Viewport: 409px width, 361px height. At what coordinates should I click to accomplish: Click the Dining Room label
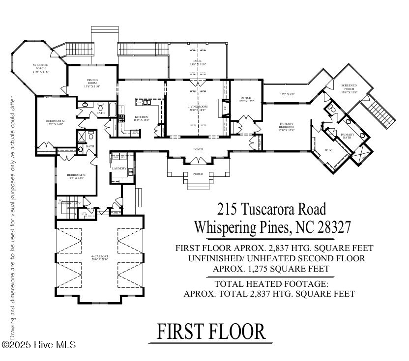pyautogui.click(x=92, y=82)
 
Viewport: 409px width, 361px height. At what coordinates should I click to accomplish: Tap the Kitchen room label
pyautogui.click(x=141, y=117)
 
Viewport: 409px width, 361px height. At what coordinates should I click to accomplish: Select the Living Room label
pyautogui.click(x=197, y=108)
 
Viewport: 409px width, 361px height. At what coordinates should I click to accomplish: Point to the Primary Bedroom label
pyautogui.click(x=286, y=125)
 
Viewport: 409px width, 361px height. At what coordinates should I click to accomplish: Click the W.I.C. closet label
pyautogui.click(x=329, y=151)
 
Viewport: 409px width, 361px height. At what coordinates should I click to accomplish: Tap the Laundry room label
pyautogui.click(x=119, y=168)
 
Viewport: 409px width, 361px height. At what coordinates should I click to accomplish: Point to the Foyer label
pyautogui.click(x=198, y=149)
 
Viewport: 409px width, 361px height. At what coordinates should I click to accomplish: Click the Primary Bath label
pyautogui.click(x=348, y=136)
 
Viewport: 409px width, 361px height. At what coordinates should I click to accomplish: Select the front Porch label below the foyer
pyautogui.click(x=198, y=173)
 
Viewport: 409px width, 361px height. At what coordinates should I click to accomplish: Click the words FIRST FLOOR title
pyautogui.click(x=211, y=332)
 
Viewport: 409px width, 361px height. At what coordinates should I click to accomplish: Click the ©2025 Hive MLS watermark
pyautogui.click(x=39, y=345)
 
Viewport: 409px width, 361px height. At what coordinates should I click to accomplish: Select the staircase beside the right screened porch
pyautogui.click(x=381, y=113)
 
